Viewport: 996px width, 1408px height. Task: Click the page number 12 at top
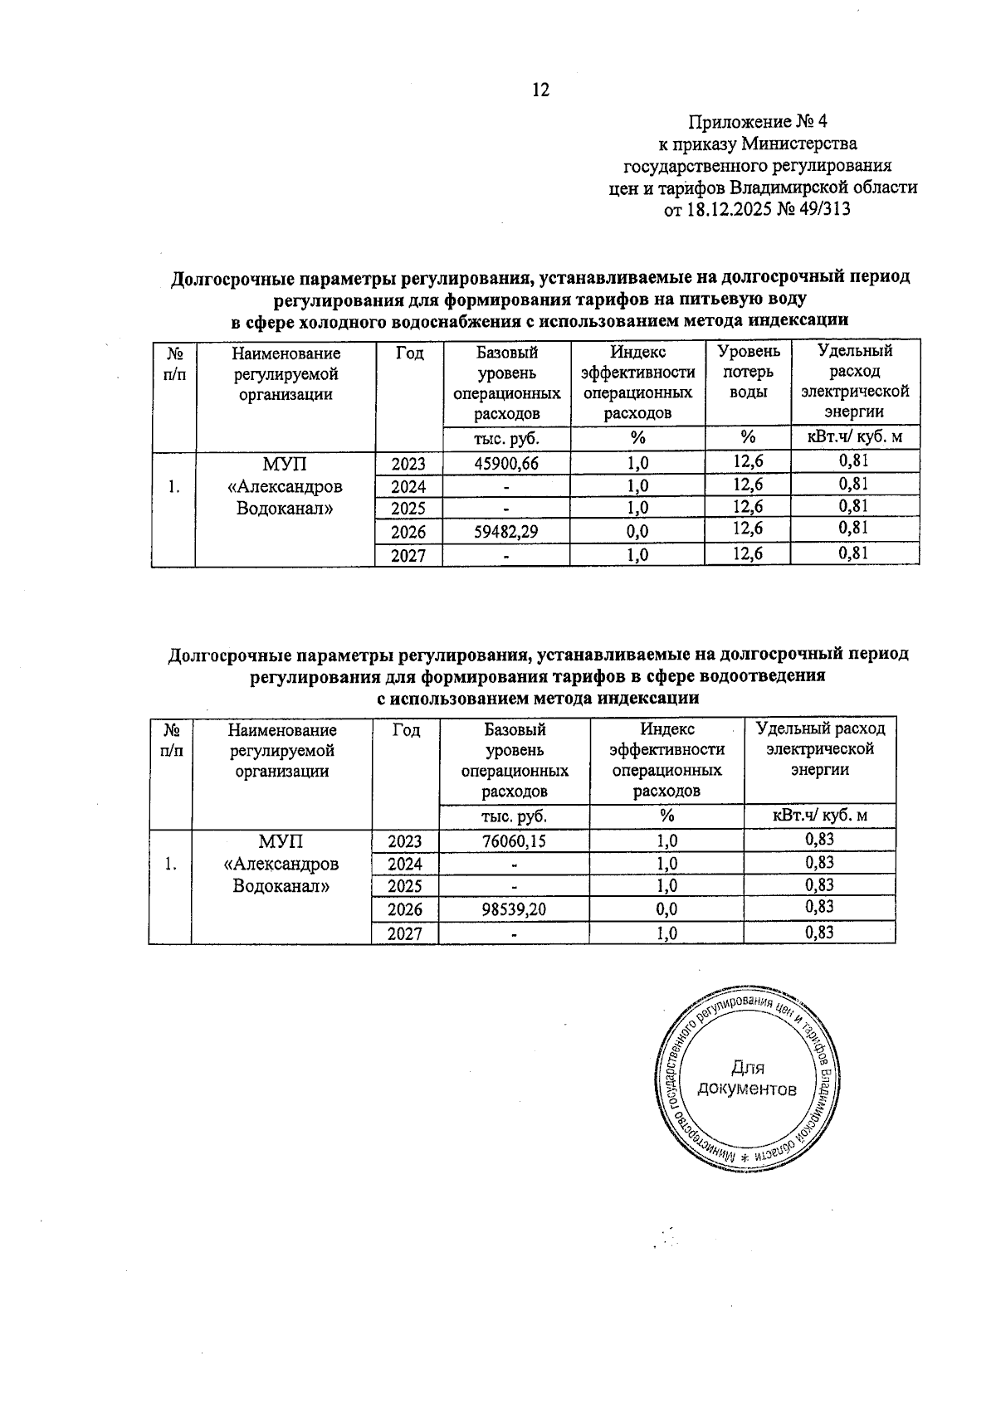click(x=540, y=90)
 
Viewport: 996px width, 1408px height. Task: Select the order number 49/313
click(x=822, y=209)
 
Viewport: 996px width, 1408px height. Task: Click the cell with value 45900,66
click(x=505, y=464)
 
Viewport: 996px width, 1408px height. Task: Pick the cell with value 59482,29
click(x=505, y=532)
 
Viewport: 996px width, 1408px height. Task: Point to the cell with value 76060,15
click(x=514, y=841)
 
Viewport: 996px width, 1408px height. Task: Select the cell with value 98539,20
click(x=514, y=909)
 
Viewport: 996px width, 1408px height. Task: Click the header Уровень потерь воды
click(x=748, y=373)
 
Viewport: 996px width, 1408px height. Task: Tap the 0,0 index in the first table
click(x=637, y=532)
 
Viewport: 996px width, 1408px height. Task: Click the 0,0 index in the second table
click(x=666, y=909)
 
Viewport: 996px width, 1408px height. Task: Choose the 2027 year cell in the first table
click(x=408, y=555)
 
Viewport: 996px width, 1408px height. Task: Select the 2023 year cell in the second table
click(x=405, y=841)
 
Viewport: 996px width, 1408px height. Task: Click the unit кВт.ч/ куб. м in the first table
click(x=854, y=437)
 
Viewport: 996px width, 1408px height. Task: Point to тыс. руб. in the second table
click(x=514, y=816)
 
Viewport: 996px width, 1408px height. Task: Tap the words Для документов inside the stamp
click(x=748, y=1079)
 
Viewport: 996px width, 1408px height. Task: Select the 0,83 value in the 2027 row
click(x=819, y=933)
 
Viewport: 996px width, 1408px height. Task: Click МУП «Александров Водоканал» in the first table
click(x=285, y=486)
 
